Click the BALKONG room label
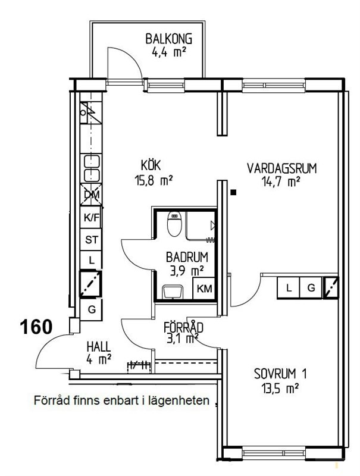(x=168, y=39)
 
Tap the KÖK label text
(x=151, y=166)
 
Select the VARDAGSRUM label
(x=281, y=168)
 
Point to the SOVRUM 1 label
(x=280, y=374)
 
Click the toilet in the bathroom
(x=174, y=224)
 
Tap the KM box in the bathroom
(x=204, y=289)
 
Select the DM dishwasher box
(x=91, y=195)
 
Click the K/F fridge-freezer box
(x=91, y=217)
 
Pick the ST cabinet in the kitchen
(x=91, y=240)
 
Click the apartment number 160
(x=36, y=327)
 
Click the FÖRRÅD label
(x=183, y=328)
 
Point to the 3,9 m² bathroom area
(x=186, y=271)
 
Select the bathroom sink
(x=173, y=292)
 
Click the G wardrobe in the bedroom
(x=311, y=287)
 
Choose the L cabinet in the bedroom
(x=289, y=287)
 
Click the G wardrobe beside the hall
(x=91, y=309)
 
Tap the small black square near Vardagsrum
(x=233, y=192)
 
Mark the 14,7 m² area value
(x=281, y=182)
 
